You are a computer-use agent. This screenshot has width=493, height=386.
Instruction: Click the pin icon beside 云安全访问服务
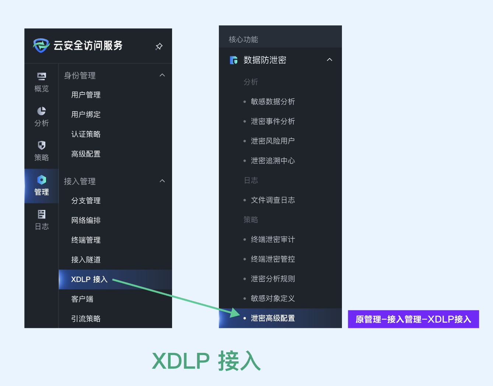[x=159, y=46]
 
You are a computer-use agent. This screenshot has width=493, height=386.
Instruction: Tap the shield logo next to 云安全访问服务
[x=41, y=45]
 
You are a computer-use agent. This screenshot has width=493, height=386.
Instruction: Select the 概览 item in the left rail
[x=42, y=82]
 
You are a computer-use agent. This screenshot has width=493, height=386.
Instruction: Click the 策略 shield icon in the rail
[x=42, y=145]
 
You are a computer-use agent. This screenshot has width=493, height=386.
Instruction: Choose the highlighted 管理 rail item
[x=42, y=186]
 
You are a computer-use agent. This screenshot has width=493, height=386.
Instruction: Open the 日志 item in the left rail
[x=42, y=220]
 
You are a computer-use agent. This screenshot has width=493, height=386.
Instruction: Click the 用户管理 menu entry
[x=86, y=95]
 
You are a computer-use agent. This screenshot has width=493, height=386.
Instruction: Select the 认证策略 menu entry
[x=86, y=134]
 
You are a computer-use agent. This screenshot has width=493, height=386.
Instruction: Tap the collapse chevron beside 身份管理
[x=162, y=76]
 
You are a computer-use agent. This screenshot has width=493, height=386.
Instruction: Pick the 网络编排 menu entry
[x=86, y=220]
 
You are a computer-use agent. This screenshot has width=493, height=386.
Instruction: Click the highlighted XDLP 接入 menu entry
[x=89, y=280]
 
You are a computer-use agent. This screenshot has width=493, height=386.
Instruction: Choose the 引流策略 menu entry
[x=86, y=319]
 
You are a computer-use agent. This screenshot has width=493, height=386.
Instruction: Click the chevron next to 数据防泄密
[x=329, y=60]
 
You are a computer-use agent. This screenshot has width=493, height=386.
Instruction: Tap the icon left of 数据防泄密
[x=234, y=60]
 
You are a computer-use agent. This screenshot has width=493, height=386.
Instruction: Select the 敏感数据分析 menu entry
[x=273, y=102]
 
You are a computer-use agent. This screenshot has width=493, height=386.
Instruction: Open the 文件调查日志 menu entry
[x=273, y=200]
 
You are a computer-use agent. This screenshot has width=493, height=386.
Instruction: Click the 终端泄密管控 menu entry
[x=273, y=259]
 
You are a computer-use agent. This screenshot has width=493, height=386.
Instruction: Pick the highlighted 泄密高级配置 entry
[x=273, y=318]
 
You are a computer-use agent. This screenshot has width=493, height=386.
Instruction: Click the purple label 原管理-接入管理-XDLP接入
[x=413, y=319]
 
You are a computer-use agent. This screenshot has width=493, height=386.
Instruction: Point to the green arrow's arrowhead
[x=236, y=313]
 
